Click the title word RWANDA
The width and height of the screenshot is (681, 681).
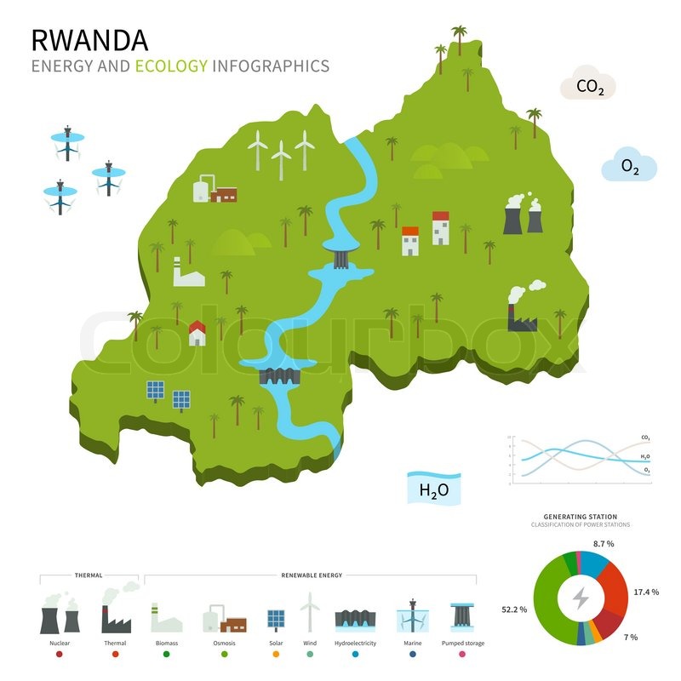[x=89, y=40]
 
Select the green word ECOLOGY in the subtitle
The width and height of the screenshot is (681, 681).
[x=171, y=66]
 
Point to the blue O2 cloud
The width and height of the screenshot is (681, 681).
[x=629, y=167]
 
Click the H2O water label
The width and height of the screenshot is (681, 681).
[x=433, y=489]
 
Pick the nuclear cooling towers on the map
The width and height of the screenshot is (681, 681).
[x=523, y=215]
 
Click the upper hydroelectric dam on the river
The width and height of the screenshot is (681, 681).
[x=340, y=255]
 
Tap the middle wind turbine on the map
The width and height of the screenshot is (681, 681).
[x=281, y=159]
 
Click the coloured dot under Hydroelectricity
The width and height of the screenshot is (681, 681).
[x=354, y=654]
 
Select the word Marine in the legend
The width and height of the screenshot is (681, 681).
[x=412, y=643]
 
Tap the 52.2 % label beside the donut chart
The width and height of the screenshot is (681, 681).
[x=515, y=609]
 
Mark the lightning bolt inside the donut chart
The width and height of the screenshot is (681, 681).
[x=581, y=599]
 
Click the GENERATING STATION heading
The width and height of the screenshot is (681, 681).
[x=581, y=517]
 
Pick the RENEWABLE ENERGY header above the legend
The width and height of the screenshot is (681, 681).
[x=312, y=575]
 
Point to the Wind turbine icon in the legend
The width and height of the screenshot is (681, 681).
[x=311, y=613]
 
